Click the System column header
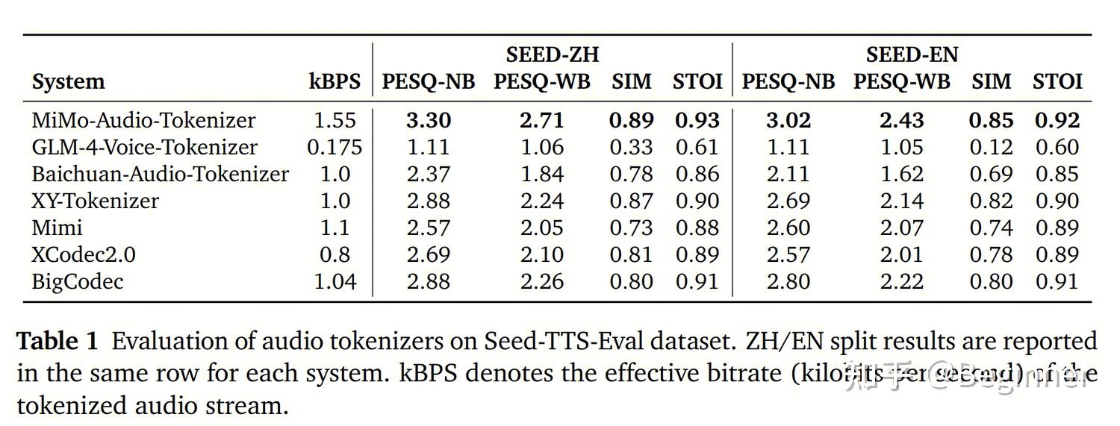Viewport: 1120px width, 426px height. [x=68, y=81]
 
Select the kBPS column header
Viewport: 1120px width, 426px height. [x=335, y=81]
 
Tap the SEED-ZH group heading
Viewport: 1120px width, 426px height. [x=553, y=54]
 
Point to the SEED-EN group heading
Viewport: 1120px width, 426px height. [x=912, y=54]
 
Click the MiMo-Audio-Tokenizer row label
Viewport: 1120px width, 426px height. [x=143, y=120]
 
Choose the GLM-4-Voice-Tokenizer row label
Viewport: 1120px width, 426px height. [x=144, y=147]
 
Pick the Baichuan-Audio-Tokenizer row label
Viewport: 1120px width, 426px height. [x=160, y=174]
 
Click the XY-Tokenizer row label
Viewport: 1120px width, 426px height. [x=95, y=201]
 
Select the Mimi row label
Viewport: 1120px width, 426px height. [x=57, y=228]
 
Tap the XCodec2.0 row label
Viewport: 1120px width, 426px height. [x=84, y=254]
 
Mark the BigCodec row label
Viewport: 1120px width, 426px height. [x=77, y=281]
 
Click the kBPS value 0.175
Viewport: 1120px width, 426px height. [x=335, y=147]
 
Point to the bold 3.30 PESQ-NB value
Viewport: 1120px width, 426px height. [x=429, y=120]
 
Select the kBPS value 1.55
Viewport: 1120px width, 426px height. [x=335, y=120]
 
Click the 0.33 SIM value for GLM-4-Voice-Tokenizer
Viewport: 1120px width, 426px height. [x=631, y=147]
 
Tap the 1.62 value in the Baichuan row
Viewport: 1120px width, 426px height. [x=901, y=174]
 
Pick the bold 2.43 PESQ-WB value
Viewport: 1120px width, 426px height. [x=901, y=120]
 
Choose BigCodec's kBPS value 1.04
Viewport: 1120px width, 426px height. [x=335, y=281]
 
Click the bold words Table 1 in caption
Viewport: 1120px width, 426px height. [x=57, y=342]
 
